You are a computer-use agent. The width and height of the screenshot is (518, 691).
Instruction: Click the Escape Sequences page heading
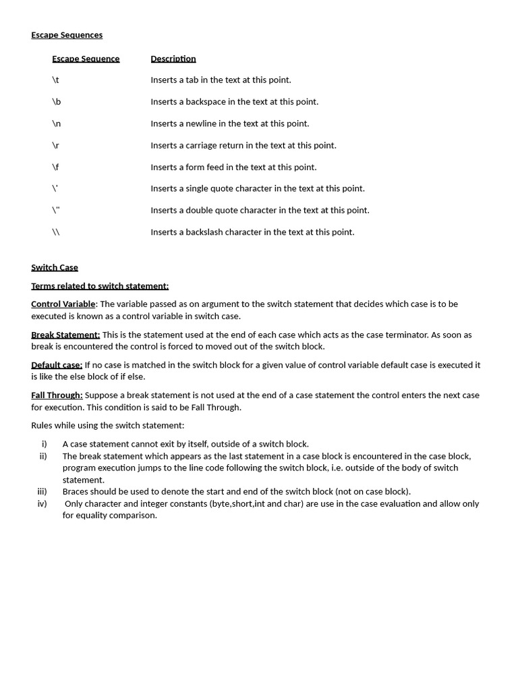(67, 35)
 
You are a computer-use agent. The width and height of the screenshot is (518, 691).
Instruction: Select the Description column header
(173, 59)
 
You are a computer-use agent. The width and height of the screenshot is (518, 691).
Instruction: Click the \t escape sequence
(55, 80)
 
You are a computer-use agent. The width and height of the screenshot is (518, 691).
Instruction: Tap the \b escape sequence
(56, 102)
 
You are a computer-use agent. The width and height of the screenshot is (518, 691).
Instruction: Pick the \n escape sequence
(56, 123)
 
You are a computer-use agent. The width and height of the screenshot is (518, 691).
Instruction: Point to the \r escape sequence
(55, 145)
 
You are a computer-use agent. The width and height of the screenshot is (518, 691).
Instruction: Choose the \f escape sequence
(55, 167)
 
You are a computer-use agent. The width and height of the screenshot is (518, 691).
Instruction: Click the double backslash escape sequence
(56, 232)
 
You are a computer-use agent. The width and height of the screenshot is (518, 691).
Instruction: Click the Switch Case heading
(55, 267)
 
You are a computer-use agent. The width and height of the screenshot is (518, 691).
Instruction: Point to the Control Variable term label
(63, 304)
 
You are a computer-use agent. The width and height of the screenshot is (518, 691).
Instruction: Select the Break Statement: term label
(65, 335)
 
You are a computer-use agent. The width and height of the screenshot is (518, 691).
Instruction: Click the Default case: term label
(57, 365)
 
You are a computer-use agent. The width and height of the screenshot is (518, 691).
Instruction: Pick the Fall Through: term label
(57, 395)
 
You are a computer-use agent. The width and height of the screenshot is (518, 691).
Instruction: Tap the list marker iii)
(42, 491)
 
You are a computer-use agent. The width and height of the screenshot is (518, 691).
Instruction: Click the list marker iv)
(42, 503)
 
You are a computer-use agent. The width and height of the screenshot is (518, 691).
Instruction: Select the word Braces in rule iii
(76, 491)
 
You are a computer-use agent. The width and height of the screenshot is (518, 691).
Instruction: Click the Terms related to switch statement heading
(100, 286)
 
